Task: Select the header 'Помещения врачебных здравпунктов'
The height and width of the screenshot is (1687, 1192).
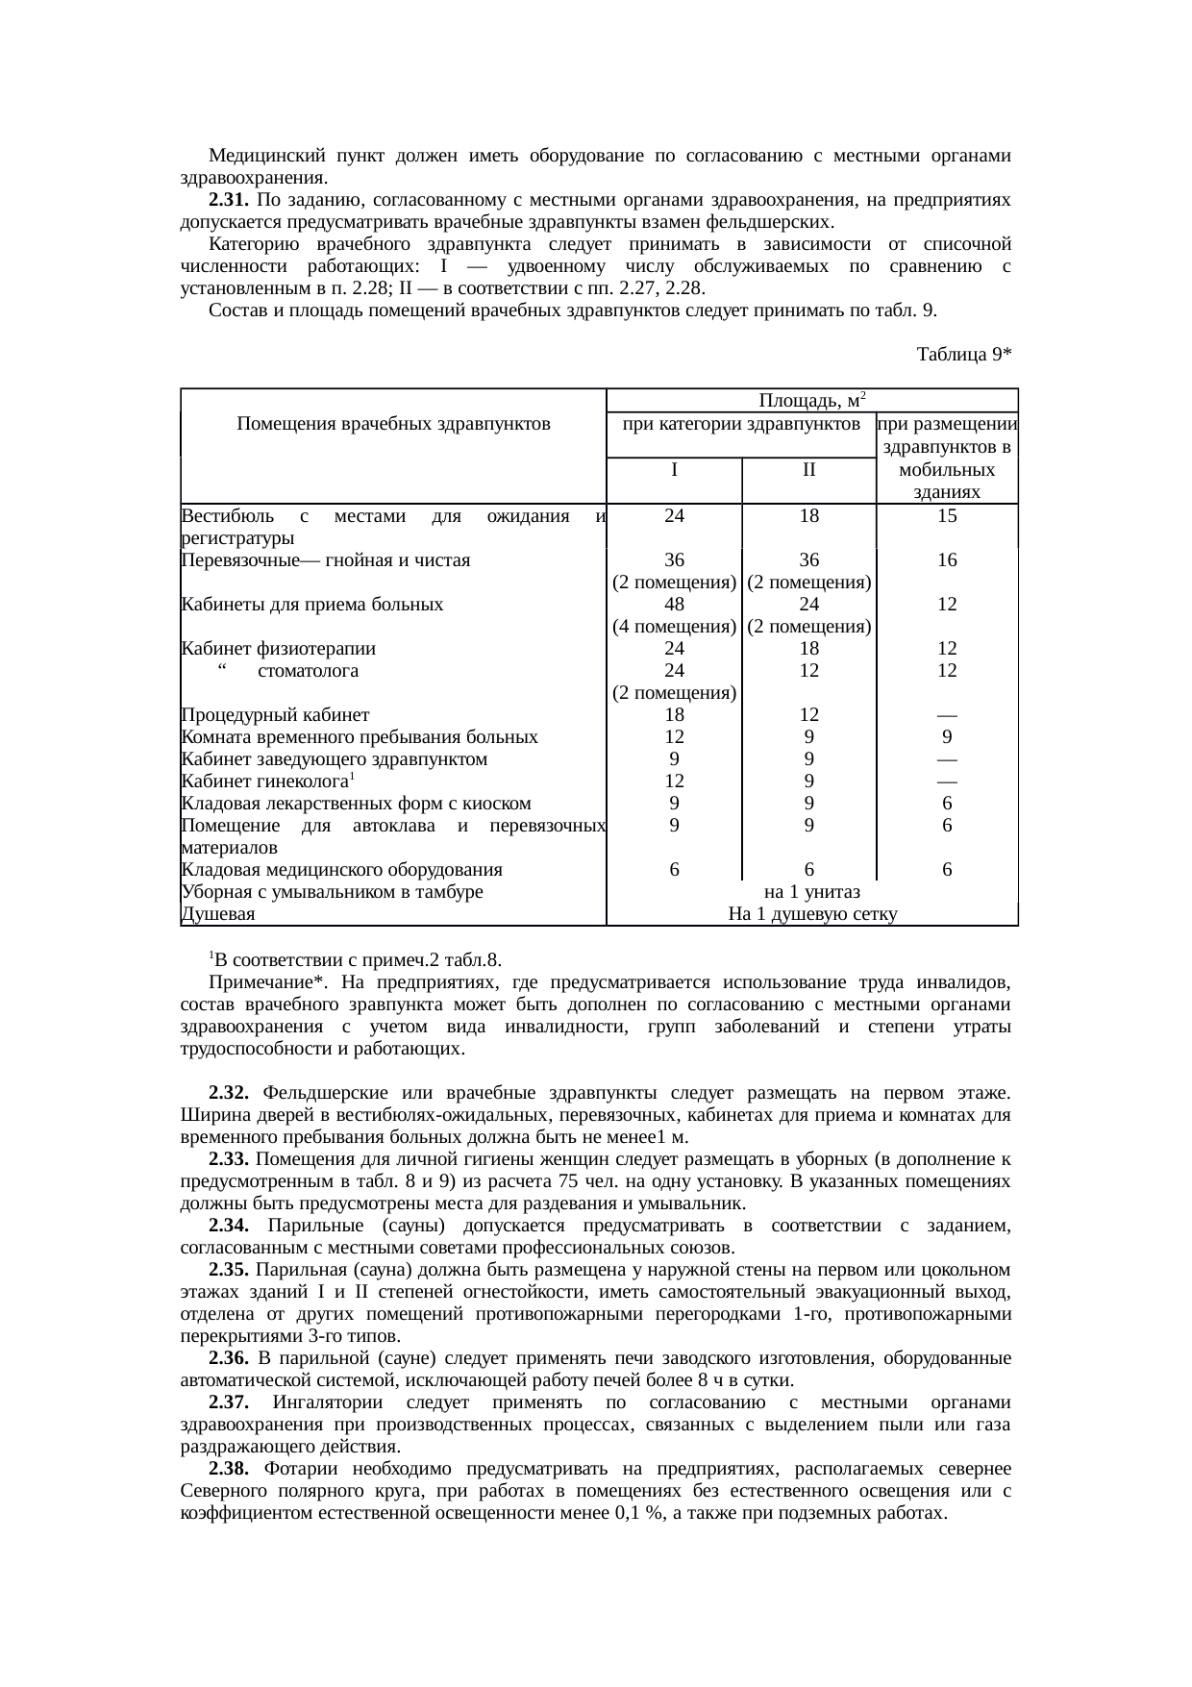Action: click(393, 423)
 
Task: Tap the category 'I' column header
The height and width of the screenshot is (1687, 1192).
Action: click(675, 470)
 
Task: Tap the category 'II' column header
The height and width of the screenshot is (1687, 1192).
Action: click(809, 470)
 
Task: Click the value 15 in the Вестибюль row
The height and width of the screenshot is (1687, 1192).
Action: click(947, 515)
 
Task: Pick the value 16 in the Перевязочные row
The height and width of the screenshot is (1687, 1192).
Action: click(947, 559)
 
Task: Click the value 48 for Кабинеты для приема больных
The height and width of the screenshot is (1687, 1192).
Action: click(675, 605)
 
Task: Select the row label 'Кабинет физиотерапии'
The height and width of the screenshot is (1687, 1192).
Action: click(278, 649)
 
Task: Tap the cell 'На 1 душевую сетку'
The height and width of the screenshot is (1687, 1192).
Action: click(812, 914)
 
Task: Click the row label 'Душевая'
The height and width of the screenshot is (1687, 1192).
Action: click(218, 914)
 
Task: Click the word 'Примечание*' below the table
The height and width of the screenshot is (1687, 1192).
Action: click(260, 983)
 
